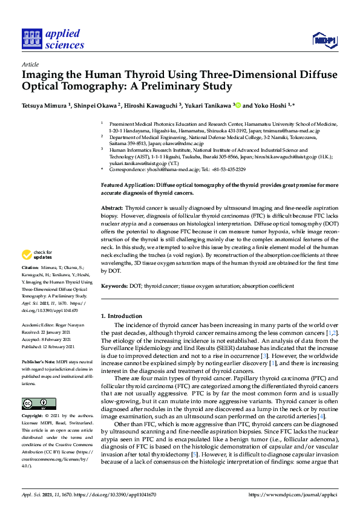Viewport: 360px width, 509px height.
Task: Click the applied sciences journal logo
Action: pos(53,39)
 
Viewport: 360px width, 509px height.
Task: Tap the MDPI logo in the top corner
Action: pos(324,40)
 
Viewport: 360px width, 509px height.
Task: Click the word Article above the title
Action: pos(30,65)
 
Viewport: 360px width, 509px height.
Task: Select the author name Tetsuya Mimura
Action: pos(45,105)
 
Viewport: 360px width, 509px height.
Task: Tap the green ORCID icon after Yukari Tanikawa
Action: pos(238,105)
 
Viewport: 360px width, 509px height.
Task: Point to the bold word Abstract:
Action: pos(112,207)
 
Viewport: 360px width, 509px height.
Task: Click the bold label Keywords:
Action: pos(114,286)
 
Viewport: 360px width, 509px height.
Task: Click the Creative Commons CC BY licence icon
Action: pos(39,403)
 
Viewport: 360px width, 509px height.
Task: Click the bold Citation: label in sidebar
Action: pos(31,267)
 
